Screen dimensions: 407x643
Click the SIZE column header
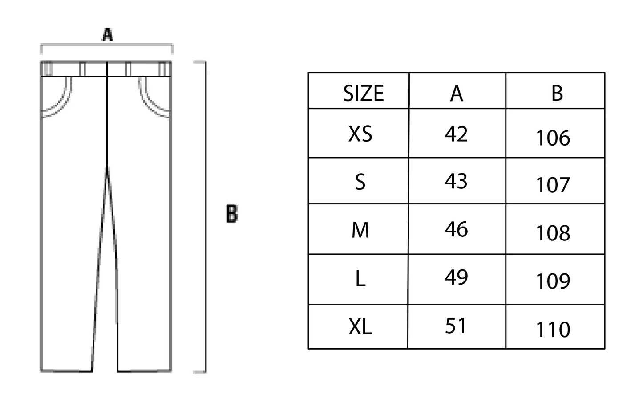[x=363, y=94]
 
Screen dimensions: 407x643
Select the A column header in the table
[x=457, y=94]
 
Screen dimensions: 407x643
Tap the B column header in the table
[x=557, y=94]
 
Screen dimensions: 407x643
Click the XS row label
[x=360, y=134]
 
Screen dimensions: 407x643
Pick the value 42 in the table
[x=456, y=134]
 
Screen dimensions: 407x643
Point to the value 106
[x=553, y=138]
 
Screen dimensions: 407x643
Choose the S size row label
[x=360, y=182]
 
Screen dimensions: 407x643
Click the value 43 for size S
[x=456, y=181]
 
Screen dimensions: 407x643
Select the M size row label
[x=360, y=230]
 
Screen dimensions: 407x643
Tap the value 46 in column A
[x=456, y=229]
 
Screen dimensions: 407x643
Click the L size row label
[x=360, y=279]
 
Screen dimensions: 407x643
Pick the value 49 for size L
[x=456, y=277]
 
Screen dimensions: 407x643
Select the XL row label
[x=360, y=327]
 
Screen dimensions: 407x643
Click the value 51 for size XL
[x=456, y=326]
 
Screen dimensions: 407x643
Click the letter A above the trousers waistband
[x=107, y=34]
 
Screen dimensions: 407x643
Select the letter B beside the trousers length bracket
[x=232, y=214]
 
